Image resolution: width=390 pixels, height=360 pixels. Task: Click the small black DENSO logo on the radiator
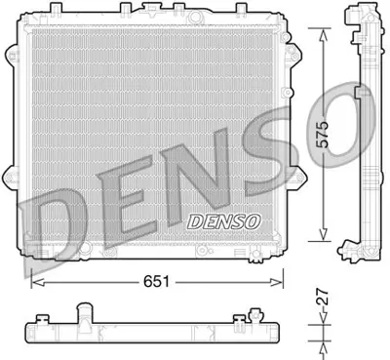pos(222,220)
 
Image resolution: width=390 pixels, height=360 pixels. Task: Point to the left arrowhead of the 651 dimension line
pos(36,282)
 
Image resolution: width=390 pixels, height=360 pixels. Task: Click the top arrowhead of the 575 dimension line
pos(325,29)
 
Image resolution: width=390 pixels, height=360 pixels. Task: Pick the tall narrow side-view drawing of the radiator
pos(363,132)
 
